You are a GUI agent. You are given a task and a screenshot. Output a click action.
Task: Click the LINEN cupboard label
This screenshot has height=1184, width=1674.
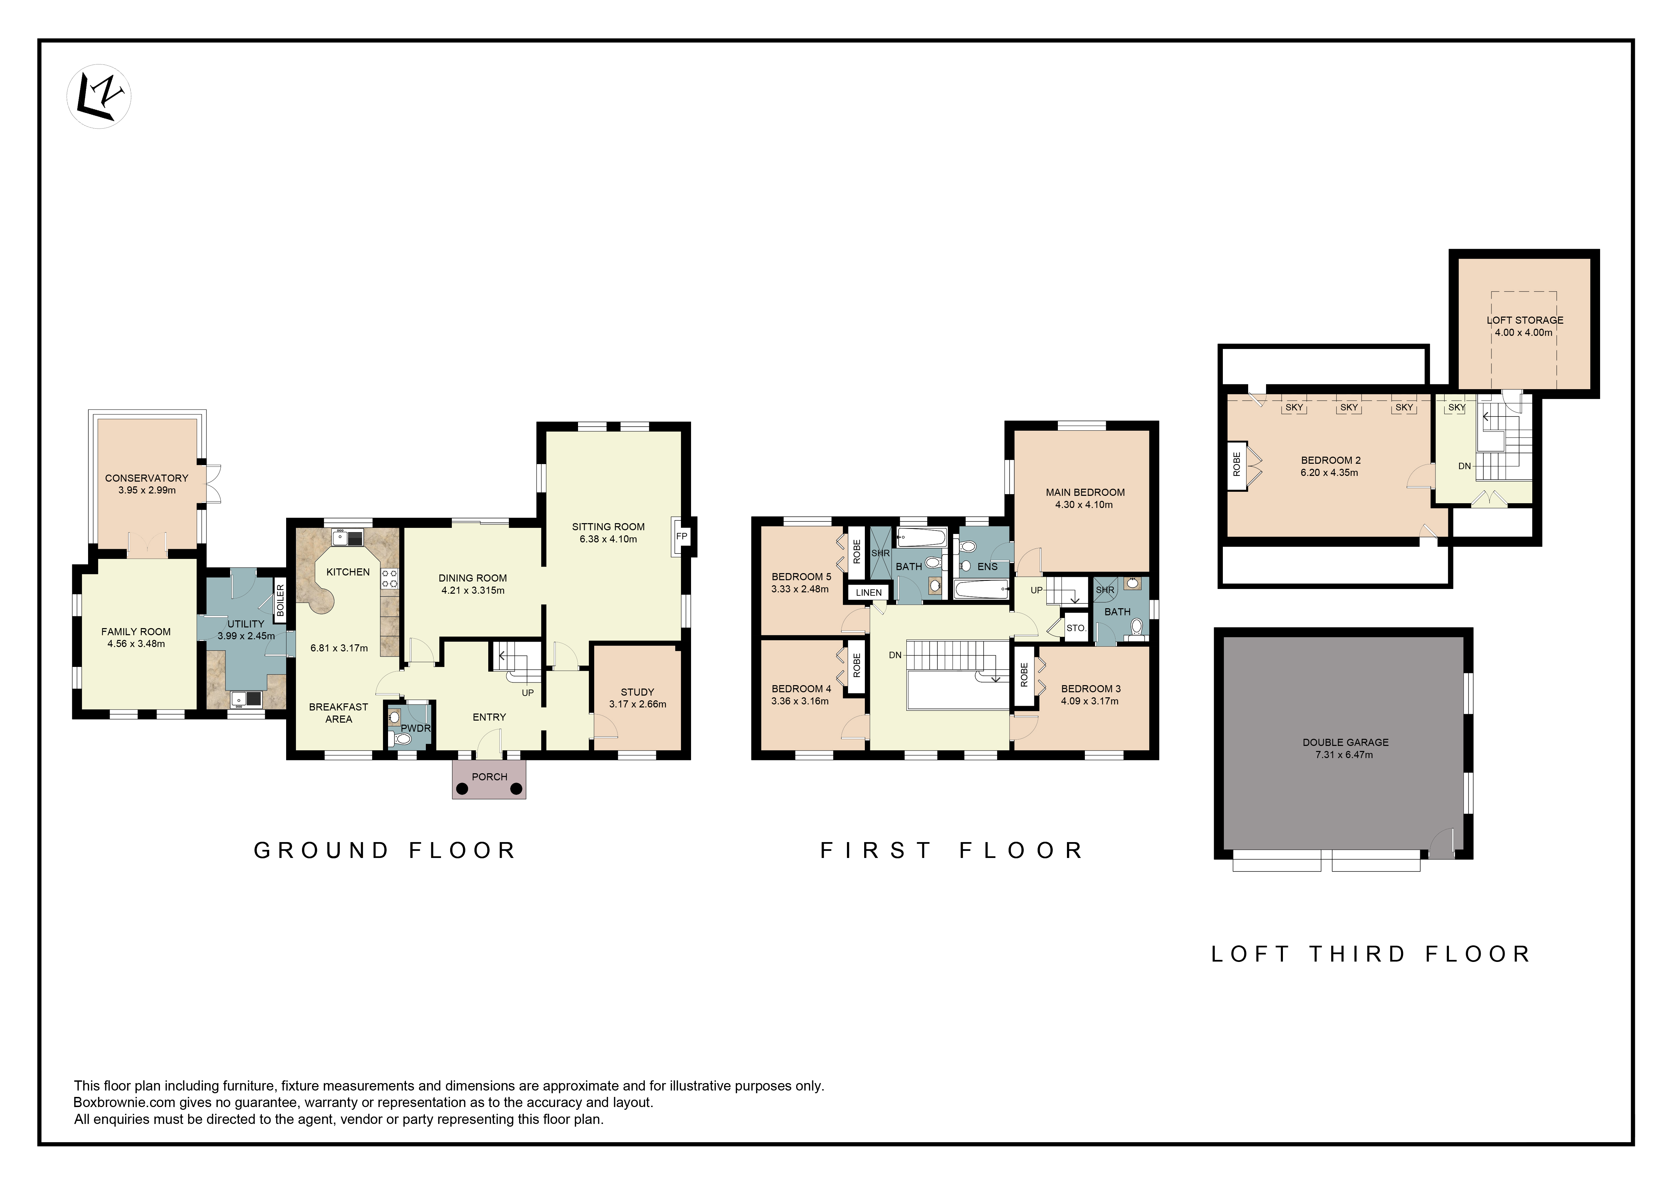[x=868, y=593]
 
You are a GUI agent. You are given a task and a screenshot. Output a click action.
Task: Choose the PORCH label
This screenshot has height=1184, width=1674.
[x=489, y=777]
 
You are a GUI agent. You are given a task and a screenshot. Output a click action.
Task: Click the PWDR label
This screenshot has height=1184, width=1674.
[x=416, y=728]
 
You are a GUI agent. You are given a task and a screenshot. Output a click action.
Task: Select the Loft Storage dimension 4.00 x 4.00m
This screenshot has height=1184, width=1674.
[x=1524, y=332]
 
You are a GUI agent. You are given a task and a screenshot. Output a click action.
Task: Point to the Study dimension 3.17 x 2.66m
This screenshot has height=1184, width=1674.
[x=638, y=704]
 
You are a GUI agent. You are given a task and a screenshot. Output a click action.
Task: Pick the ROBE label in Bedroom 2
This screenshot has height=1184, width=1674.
[x=1237, y=464]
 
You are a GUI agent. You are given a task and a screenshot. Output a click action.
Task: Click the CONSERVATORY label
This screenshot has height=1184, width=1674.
[x=146, y=478]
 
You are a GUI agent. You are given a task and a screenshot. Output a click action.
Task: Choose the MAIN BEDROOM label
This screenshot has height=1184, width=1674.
[x=1085, y=493]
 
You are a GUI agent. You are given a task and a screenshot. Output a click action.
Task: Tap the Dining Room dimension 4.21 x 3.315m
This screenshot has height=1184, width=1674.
[x=472, y=591]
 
